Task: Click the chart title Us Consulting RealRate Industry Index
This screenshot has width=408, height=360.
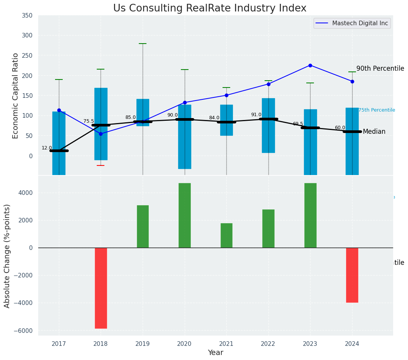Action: click(x=210, y=8)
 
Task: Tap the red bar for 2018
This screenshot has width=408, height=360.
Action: click(x=101, y=288)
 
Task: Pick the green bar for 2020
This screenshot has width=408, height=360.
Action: click(x=185, y=215)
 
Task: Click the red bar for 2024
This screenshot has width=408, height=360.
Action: click(x=352, y=275)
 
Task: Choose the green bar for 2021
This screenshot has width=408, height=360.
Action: click(x=226, y=235)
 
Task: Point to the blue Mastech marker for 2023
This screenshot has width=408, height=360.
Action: click(x=310, y=65)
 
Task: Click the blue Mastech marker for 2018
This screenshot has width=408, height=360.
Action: click(x=101, y=134)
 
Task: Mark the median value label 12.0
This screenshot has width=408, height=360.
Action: click(x=47, y=148)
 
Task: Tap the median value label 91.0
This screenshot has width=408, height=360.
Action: click(x=256, y=115)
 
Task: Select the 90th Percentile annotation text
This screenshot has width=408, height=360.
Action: click(x=380, y=68)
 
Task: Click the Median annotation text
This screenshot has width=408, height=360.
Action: click(x=374, y=132)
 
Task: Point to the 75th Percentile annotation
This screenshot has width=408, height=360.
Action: click(x=377, y=110)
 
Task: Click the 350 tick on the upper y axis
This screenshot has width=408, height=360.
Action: click(x=27, y=15)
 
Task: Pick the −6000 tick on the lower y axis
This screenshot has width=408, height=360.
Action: click(x=24, y=331)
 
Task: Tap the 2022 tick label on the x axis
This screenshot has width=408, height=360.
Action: click(x=268, y=344)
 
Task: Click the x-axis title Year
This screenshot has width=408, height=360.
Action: click(x=216, y=353)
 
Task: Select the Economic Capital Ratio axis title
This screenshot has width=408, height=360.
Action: click(x=15, y=96)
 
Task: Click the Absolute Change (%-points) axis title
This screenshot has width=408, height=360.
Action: click(x=7, y=256)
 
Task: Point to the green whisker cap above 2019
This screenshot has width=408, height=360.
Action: click(x=143, y=44)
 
